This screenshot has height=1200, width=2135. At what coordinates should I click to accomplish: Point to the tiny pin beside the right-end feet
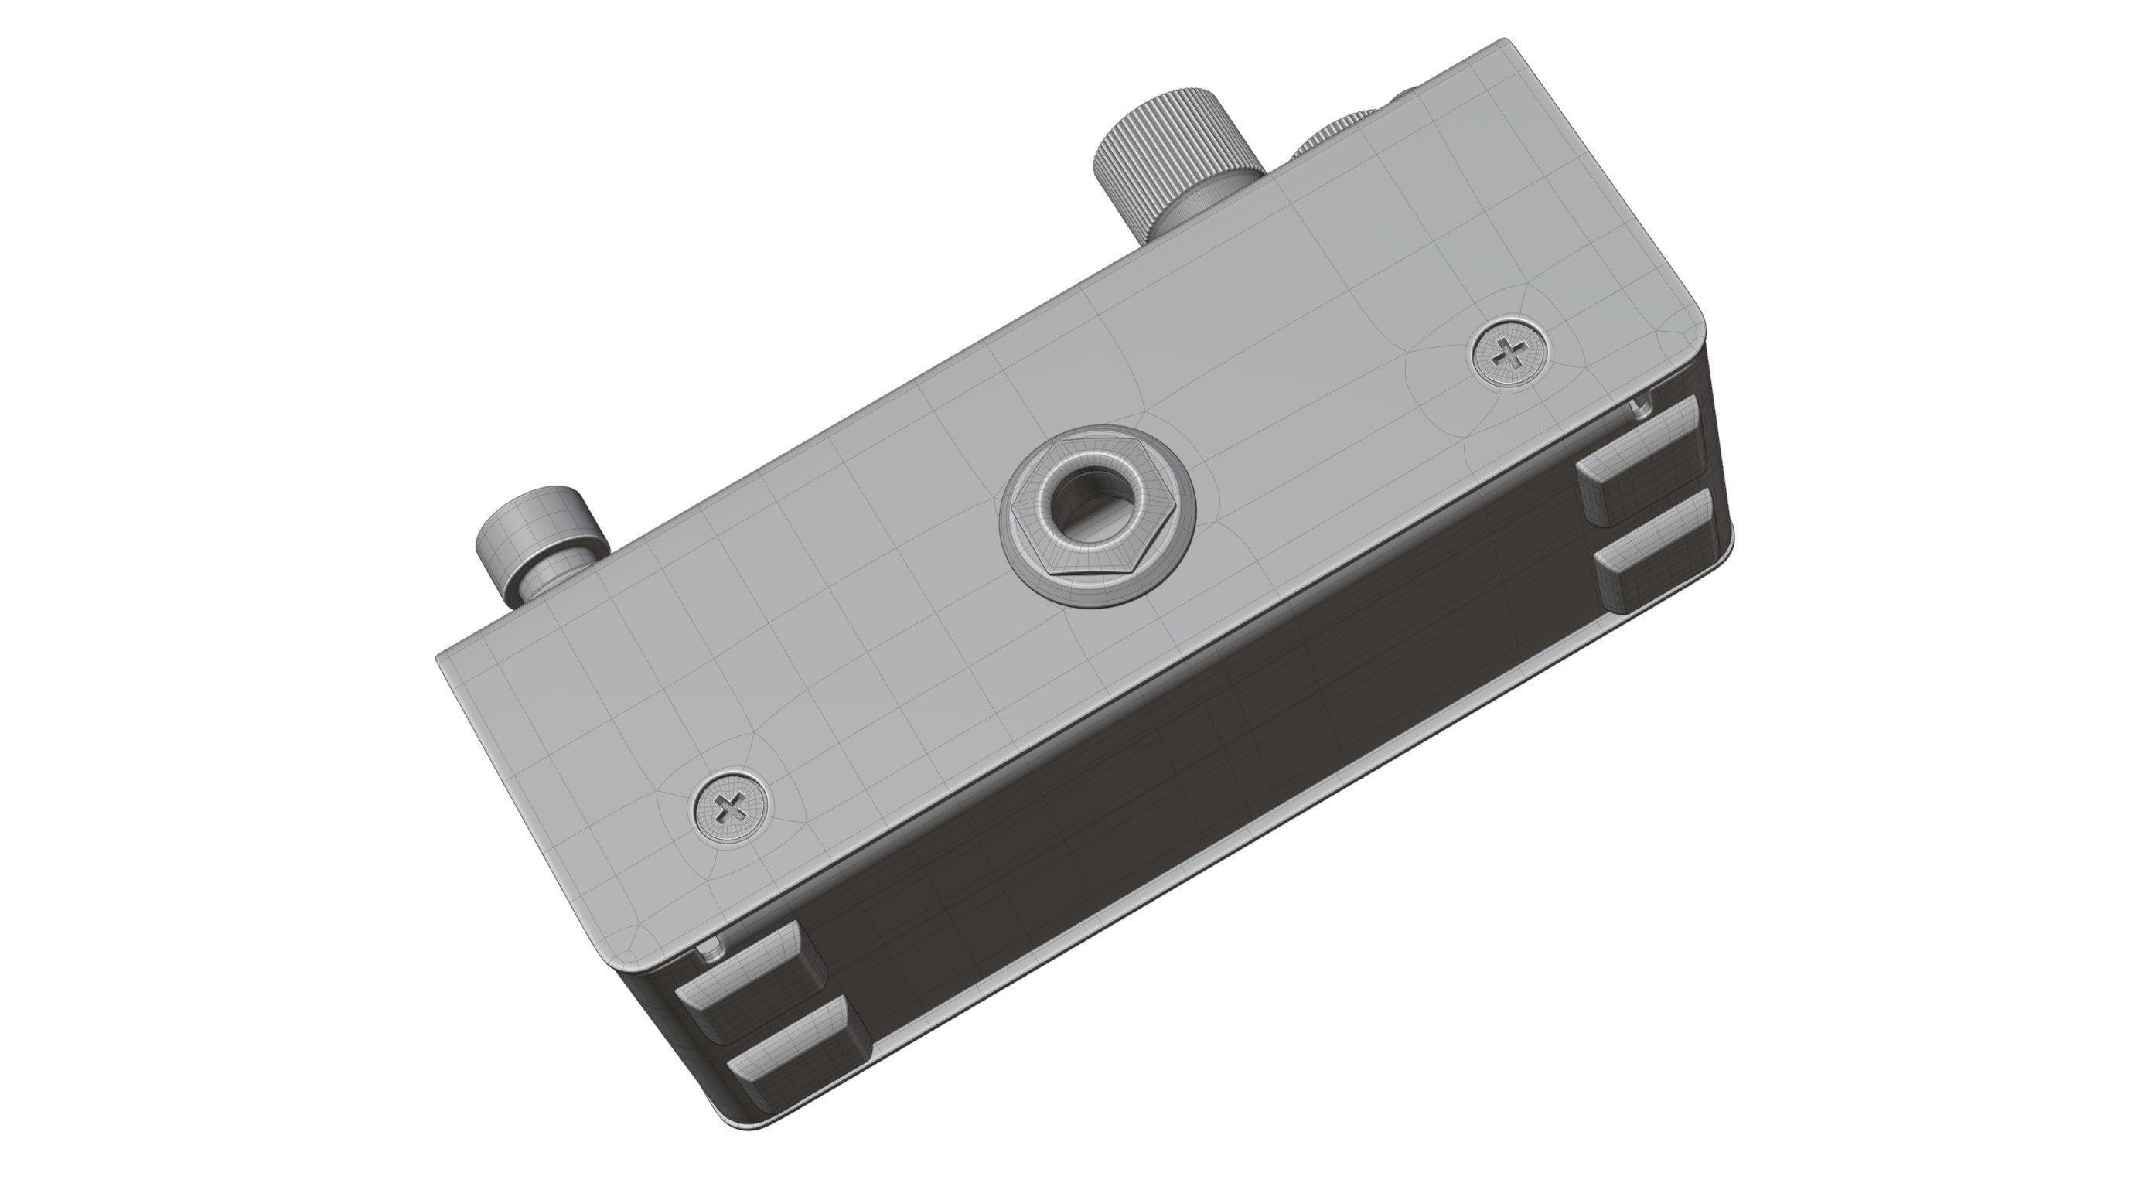coord(1639,406)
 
